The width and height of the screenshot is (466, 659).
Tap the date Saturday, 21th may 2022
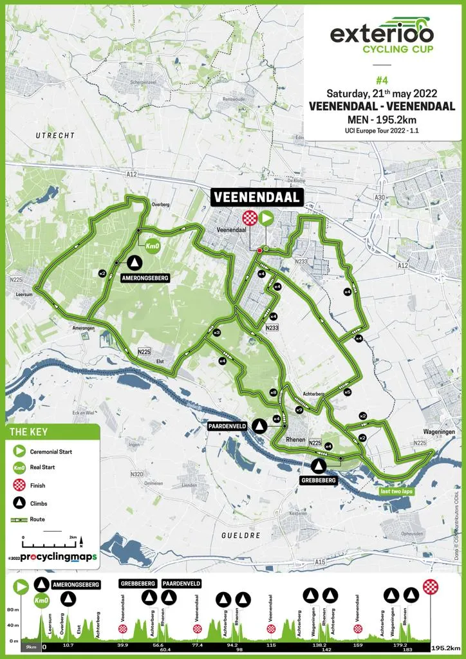click(x=382, y=93)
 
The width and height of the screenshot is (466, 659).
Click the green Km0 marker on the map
click(x=152, y=246)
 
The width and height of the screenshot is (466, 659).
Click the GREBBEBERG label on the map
click(x=319, y=479)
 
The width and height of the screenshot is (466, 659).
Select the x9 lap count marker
click(x=299, y=410)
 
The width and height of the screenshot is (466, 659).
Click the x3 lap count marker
click(x=217, y=332)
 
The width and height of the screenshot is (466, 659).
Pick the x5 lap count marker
click(x=347, y=392)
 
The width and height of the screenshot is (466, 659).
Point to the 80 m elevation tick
click(x=14, y=609)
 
